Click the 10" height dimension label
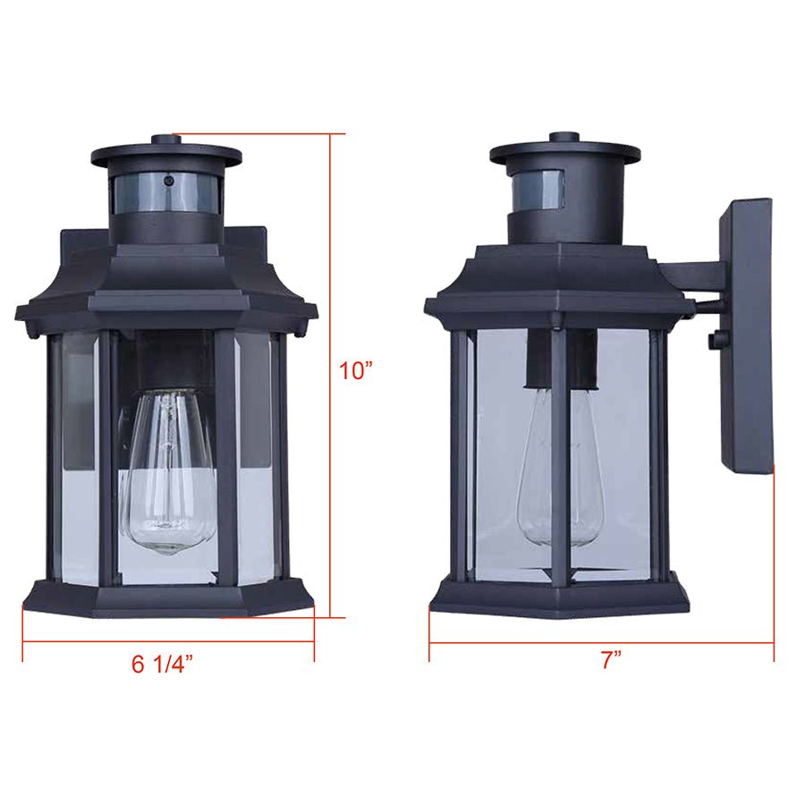pos(355,369)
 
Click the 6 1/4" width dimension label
pos(162,665)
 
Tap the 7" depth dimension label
pos(611,661)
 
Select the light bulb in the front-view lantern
pos(169,474)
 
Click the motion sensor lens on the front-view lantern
pos(165,192)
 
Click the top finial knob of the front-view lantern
pos(165,140)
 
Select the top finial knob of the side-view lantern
pos(564,138)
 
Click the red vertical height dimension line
pos(330,376)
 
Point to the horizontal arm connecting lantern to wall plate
pos(693,274)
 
